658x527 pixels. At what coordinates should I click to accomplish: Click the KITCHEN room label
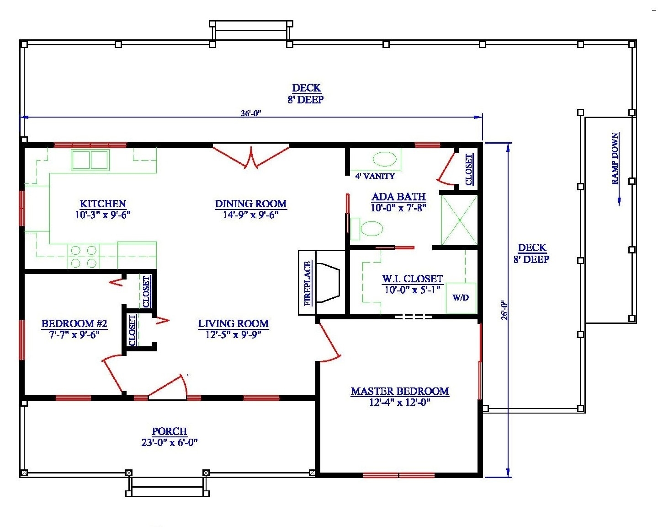click(x=103, y=204)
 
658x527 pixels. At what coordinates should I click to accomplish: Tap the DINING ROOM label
click(x=250, y=204)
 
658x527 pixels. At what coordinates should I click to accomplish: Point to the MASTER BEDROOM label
click(x=399, y=392)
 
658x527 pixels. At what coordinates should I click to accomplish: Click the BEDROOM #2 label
click(x=74, y=324)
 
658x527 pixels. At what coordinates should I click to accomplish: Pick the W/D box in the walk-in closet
click(x=461, y=298)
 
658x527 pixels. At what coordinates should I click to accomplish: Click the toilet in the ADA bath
click(x=368, y=229)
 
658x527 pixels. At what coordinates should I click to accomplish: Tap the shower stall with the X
click(x=459, y=220)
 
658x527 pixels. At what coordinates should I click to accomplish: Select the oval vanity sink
click(x=384, y=159)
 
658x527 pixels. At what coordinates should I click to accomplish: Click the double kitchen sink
click(x=90, y=160)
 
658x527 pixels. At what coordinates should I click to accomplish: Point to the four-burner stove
click(x=84, y=257)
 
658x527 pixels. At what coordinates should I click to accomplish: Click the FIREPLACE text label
click(x=308, y=283)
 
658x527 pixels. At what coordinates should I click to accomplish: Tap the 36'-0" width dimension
click(x=251, y=113)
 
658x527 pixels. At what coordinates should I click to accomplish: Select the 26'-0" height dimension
click(x=504, y=310)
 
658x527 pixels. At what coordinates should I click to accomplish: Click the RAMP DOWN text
click(x=616, y=158)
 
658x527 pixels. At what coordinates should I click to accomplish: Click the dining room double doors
click(x=250, y=156)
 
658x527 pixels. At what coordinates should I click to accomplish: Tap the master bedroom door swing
click(x=329, y=343)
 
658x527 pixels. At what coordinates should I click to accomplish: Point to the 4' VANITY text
click(x=375, y=176)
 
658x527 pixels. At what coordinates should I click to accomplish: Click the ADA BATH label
click(x=398, y=197)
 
